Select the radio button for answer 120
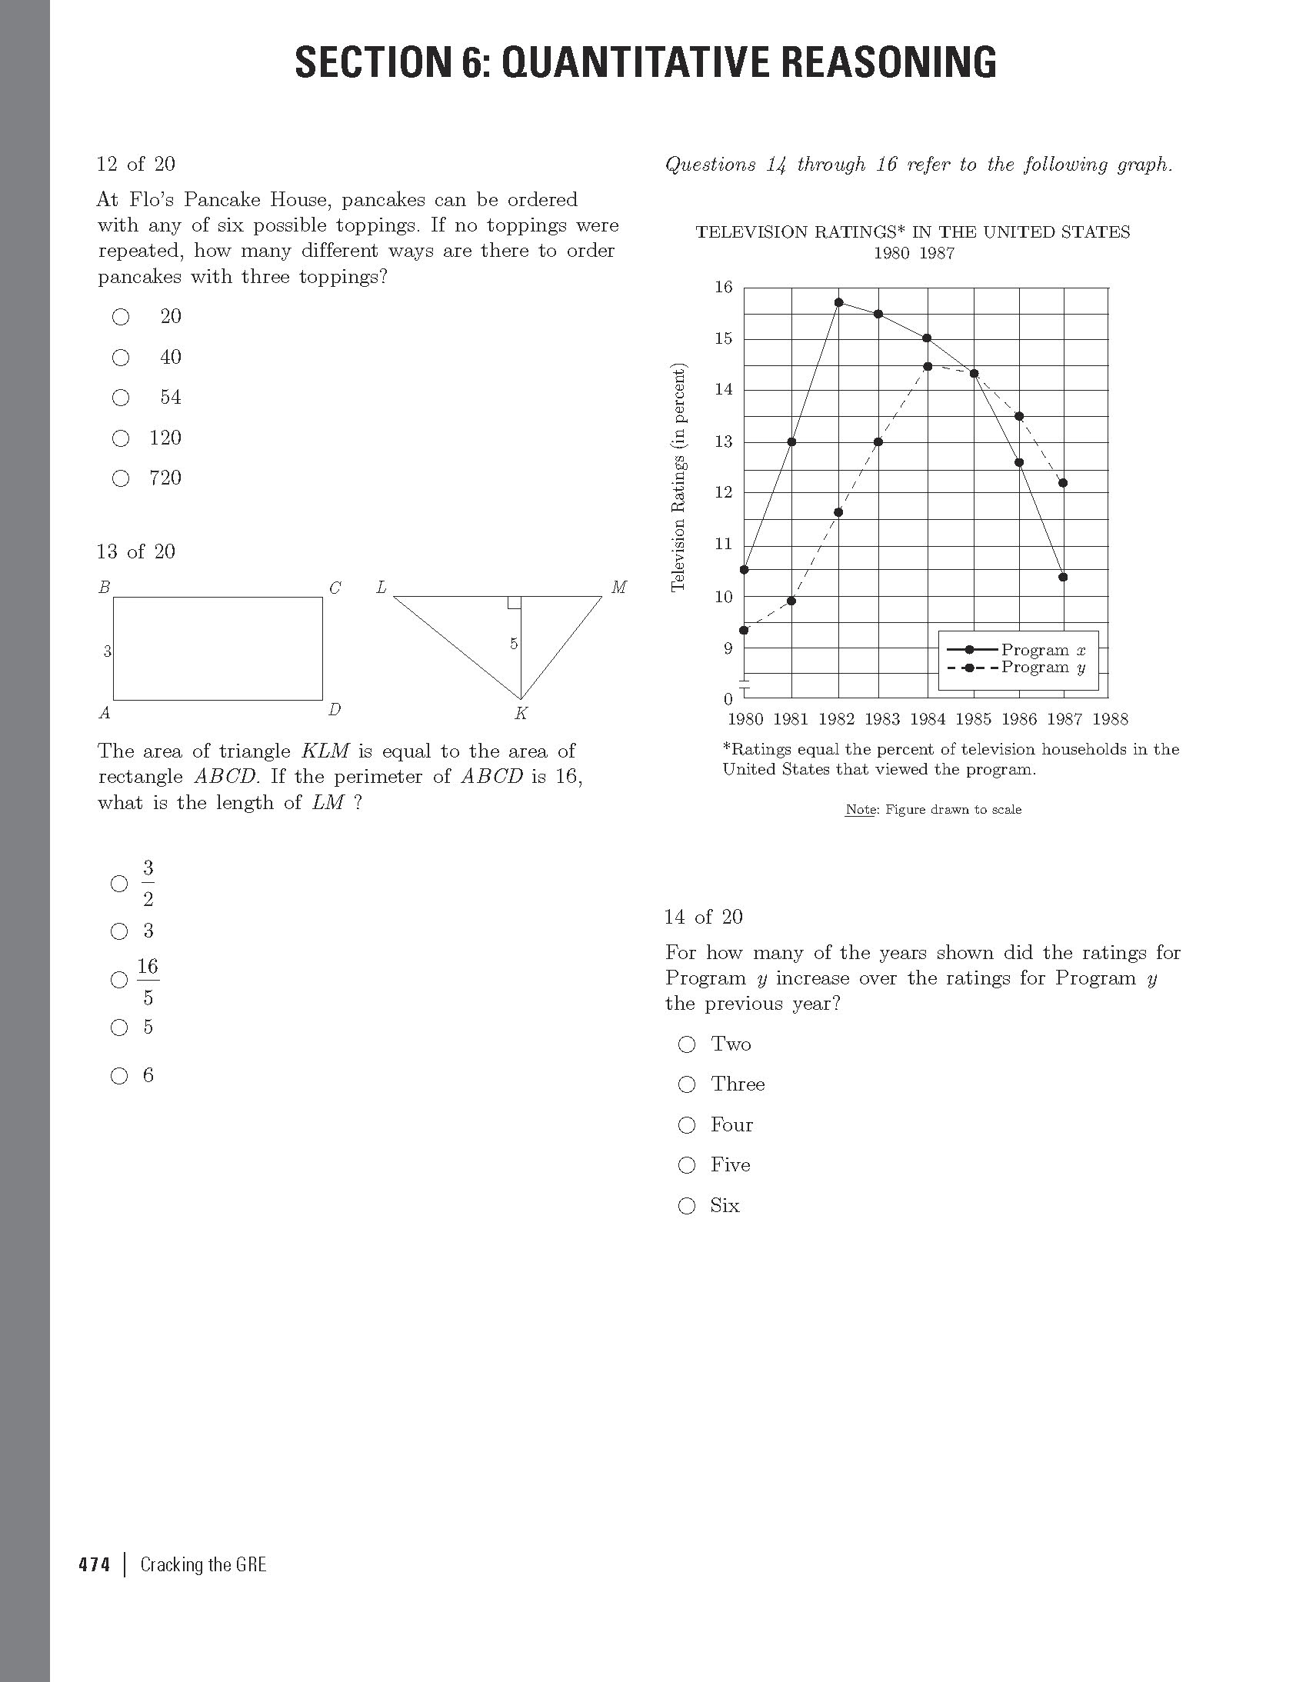click(121, 438)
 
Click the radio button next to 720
click(121, 478)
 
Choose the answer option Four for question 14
click(687, 1125)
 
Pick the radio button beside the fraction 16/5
click(119, 980)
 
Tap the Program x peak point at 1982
click(838, 302)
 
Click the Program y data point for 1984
click(928, 367)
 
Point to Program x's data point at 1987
click(1064, 577)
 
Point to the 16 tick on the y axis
click(724, 288)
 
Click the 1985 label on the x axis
click(974, 719)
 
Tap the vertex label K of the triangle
click(521, 714)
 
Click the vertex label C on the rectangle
click(335, 588)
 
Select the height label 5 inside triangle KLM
click(514, 643)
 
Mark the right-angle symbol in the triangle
click(515, 602)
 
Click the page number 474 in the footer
click(94, 1565)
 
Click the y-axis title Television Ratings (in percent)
click(678, 478)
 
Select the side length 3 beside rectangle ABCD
click(108, 651)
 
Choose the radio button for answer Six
click(687, 1206)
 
